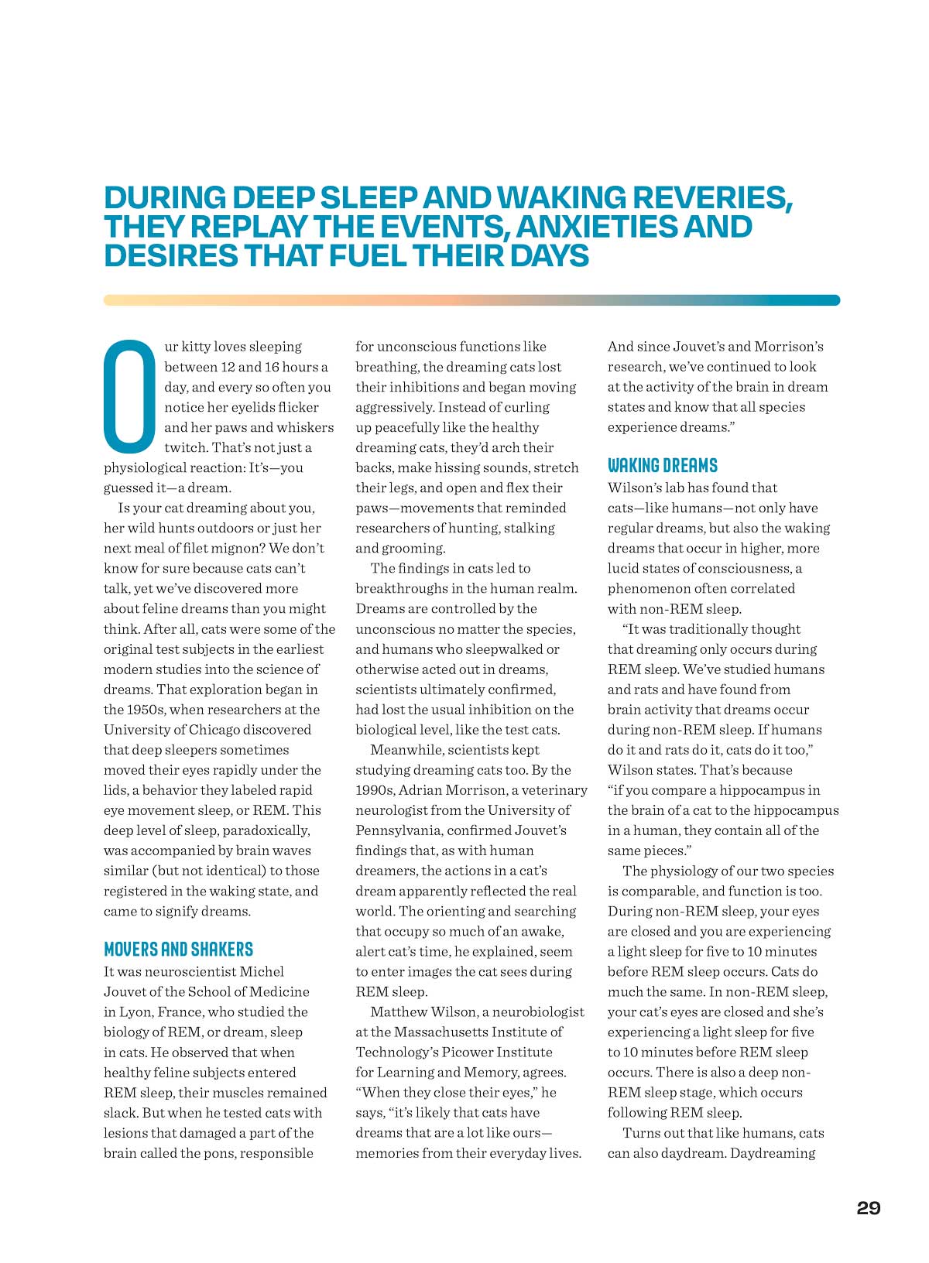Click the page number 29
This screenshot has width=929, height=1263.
click(x=868, y=1208)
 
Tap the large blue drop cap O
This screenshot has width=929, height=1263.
click(x=129, y=395)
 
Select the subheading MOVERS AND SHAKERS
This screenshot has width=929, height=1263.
click(x=178, y=950)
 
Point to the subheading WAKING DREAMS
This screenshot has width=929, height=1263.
click(x=662, y=465)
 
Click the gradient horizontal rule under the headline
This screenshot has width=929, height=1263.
click(x=471, y=300)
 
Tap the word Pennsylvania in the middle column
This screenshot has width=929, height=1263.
click(x=397, y=830)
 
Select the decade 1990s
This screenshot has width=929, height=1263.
click(x=376, y=790)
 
